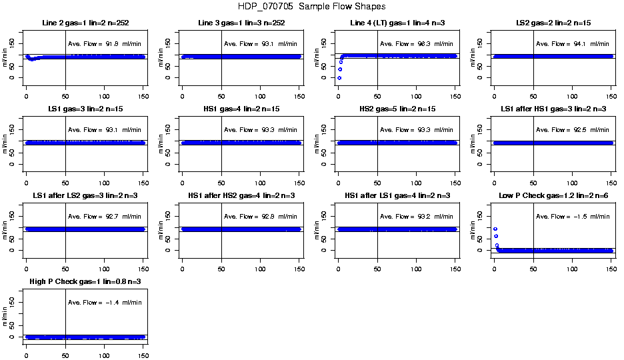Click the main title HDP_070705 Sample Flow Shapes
(311, 7)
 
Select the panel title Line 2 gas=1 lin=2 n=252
(85, 23)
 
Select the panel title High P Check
(85, 281)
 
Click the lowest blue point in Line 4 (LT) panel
(339, 78)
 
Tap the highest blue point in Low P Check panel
(495, 229)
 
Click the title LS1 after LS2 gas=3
(85, 195)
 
